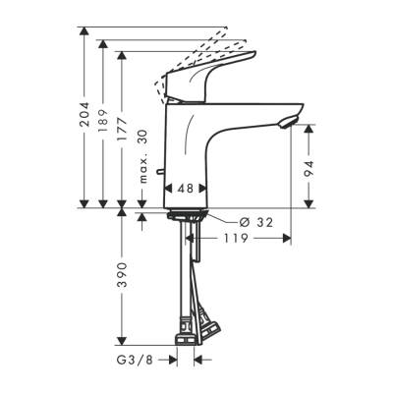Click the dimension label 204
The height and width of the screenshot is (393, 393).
point(84,119)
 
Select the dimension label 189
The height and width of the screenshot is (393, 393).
point(103,127)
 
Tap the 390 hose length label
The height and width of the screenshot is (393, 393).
point(122,281)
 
